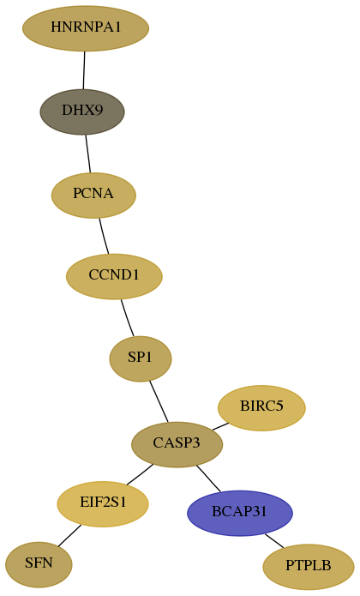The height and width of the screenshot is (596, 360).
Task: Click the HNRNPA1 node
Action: pyautogui.click(x=86, y=28)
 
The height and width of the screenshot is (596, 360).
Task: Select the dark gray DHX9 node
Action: pyautogui.click(x=82, y=111)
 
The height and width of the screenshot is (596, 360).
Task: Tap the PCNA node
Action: pyautogui.click(x=93, y=195)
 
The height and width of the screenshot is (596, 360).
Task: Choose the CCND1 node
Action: pyautogui.click(x=114, y=276)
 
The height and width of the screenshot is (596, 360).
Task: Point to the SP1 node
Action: pyautogui.click(x=141, y=358)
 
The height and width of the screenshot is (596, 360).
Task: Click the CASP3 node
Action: pyautogui.click(x=177, y=444)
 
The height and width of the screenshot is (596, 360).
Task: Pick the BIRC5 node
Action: pyautogui.click(x=261, y=408)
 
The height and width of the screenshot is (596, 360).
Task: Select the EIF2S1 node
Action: pyautogui.click(x=103, y=504)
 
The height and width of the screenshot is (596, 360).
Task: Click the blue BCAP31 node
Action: pyautogui.click(x=240, y=513)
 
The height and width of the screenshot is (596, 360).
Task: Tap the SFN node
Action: pyautogui.click(x=39, y=565)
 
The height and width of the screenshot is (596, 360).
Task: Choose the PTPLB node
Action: pyautogui.click(x=309, y=567)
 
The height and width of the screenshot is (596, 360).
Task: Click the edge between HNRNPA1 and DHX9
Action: pyautogui.click(x=84, y=70)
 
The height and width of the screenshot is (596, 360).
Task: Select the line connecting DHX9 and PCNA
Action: pyautogui.click(x=88, y=154)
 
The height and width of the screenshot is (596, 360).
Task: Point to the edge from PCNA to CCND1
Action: pyautogui.click(x=104, y=236)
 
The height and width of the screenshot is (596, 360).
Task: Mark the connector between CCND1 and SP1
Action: pyautogui.click(x=127, y=318)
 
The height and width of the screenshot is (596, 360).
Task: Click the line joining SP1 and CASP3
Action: pyautogui.click(x=159, y=401)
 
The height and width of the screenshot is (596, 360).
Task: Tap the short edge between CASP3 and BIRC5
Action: pyautogui.click(x=220, y=426)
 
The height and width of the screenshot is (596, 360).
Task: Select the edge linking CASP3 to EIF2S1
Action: pyautogui.click(x=140, y=474)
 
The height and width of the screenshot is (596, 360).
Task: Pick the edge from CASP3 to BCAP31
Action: pyautogui.click(x=208, y=479)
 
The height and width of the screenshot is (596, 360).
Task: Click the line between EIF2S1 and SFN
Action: pyautogui.click(x=69, y=536)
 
